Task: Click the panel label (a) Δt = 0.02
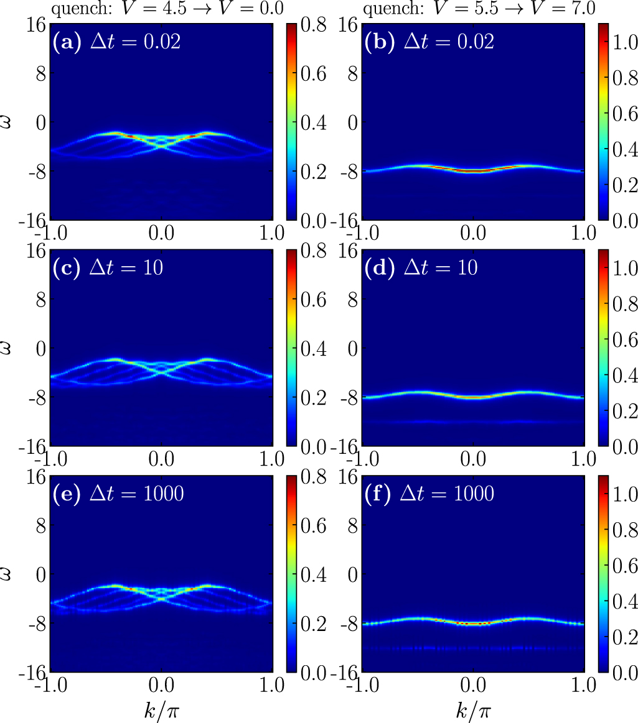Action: (117, 43)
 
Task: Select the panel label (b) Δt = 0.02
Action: (429, 43)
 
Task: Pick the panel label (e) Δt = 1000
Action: (117, 494)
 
